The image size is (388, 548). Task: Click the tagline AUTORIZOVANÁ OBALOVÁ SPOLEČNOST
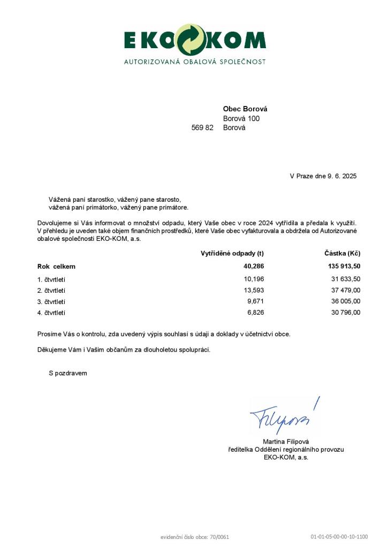[195, 62]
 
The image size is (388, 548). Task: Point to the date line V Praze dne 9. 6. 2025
[323, 176]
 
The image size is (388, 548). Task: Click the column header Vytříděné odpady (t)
[232, 253]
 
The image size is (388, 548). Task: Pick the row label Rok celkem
[56, 267]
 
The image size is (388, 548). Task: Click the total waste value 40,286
[254, 266]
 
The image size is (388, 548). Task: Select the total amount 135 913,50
[344, 266]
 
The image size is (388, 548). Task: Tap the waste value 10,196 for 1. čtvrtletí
[254, 279]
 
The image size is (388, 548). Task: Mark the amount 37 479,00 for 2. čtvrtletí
[346, 290]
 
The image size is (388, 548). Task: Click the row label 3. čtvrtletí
[51, 302]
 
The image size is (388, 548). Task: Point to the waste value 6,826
[255, 313]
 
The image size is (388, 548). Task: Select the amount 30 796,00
[346, 313]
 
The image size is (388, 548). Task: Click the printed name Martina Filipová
[286, 441]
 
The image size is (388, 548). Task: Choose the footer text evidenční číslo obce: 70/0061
[195, 536]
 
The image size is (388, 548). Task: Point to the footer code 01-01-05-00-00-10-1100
[339, 536]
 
